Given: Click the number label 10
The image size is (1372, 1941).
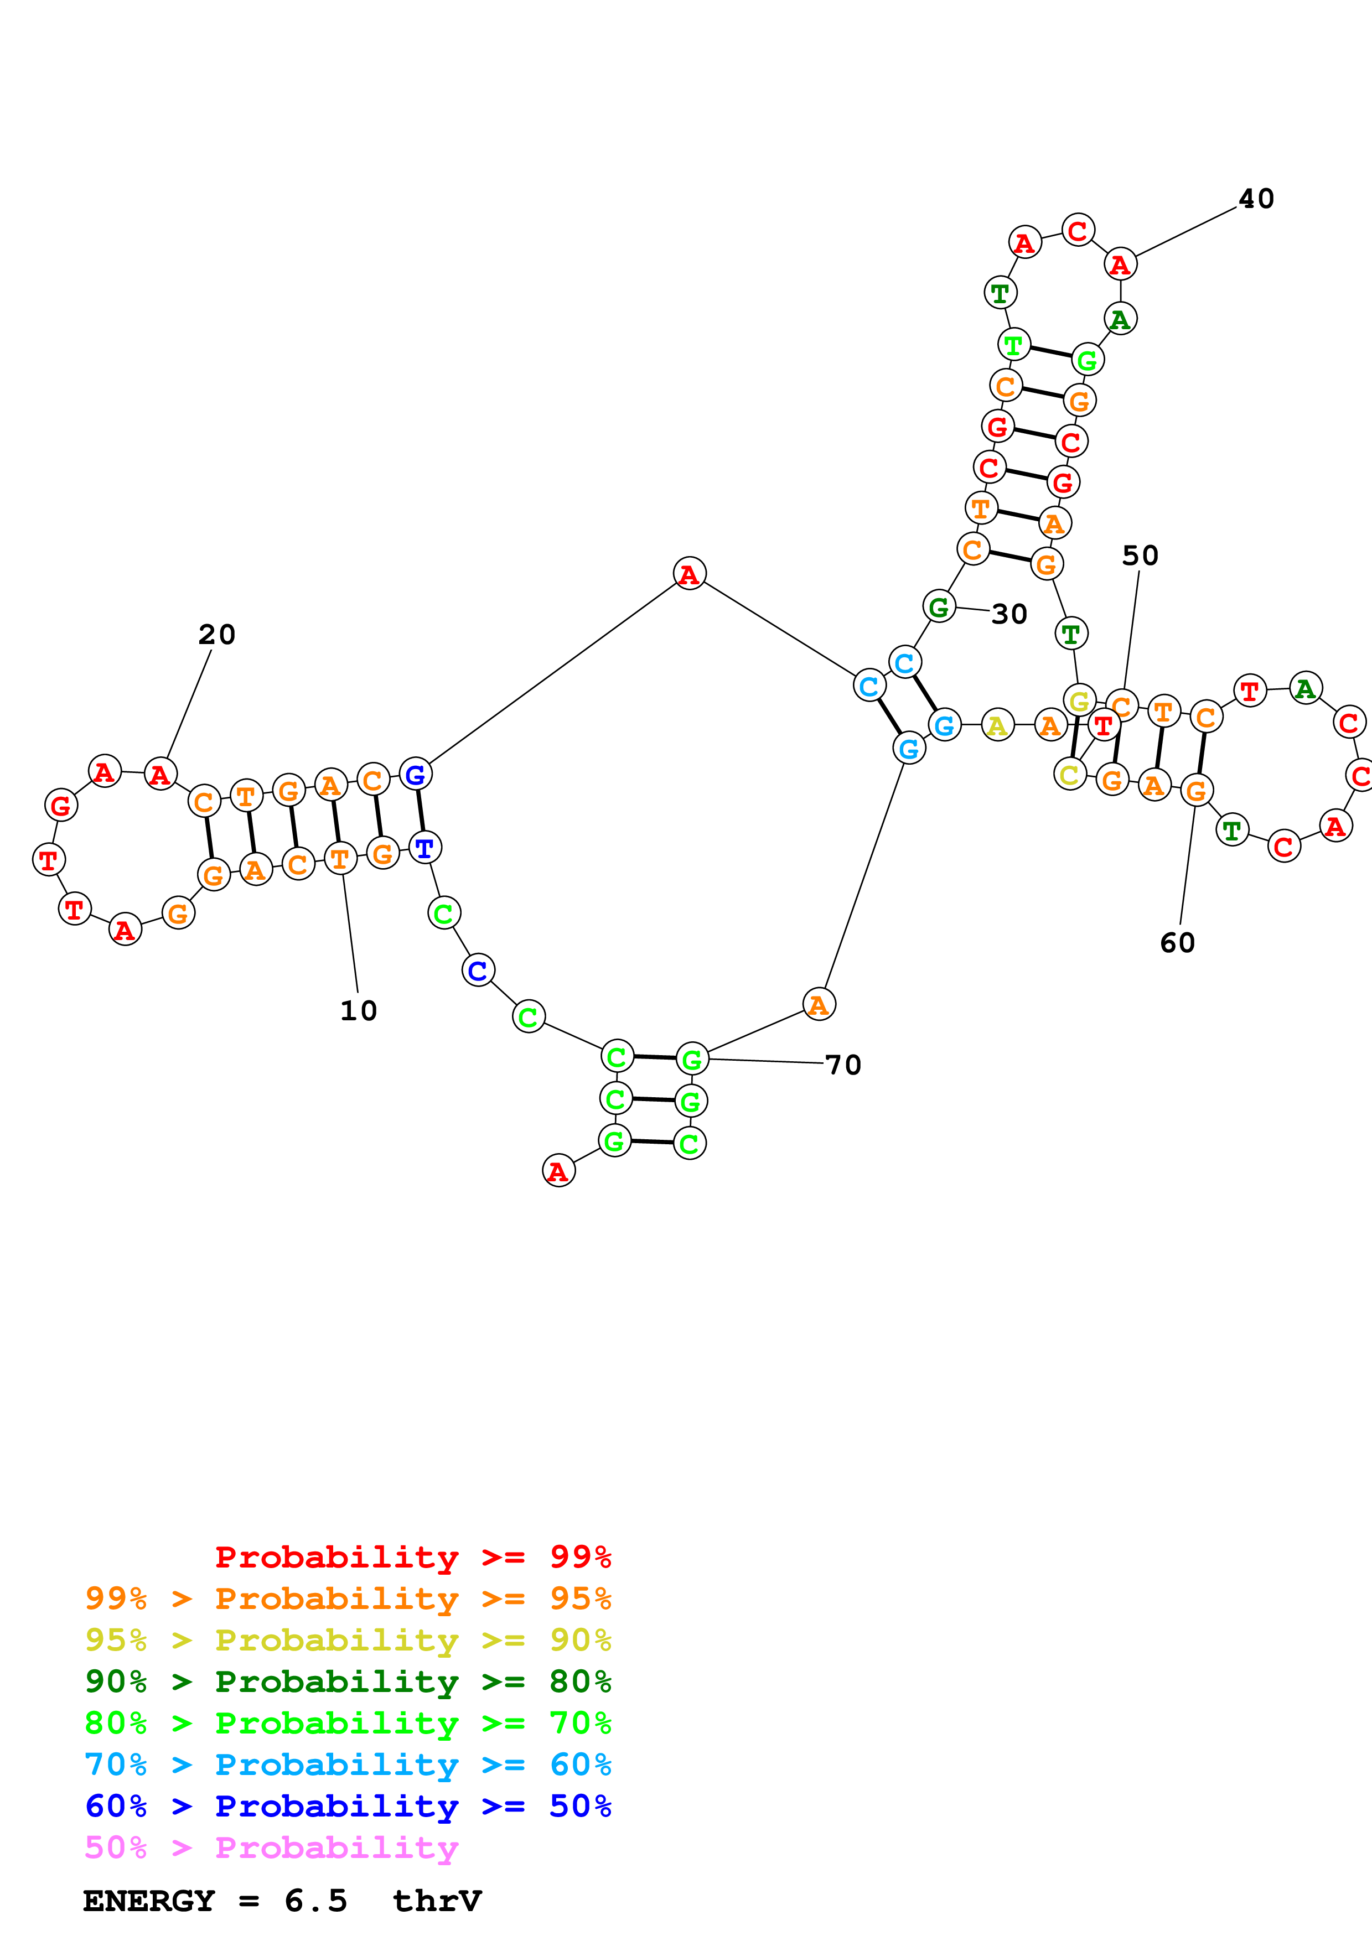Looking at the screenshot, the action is [x=359, y=1010].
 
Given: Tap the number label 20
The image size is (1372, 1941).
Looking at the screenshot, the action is [x=216, y=634].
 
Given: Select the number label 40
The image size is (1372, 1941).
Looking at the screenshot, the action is [x=1256, y=199].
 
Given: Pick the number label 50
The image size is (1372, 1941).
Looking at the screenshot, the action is [x=1140, y=556].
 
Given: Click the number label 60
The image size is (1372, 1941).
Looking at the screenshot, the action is [x=1178, y=943].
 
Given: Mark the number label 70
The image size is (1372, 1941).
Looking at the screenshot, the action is [x=843, y=1065].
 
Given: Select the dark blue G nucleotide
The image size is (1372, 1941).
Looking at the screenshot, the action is [x=415, y=775].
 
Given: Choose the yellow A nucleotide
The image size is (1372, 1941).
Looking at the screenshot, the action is [x=997, y=725].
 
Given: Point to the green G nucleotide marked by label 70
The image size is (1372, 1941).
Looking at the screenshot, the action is [x=691, y=1058].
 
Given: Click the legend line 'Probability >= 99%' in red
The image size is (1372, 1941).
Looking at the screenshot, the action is [x=412, y=1557].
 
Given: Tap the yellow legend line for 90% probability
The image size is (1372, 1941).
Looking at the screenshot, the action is [x=348, y=1640].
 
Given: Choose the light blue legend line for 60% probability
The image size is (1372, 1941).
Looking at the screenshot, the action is [x=348, y=1764].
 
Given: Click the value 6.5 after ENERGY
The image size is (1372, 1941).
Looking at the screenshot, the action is [x=315, y=1901].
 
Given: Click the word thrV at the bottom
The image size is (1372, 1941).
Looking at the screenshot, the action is [x=437, y=1901].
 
